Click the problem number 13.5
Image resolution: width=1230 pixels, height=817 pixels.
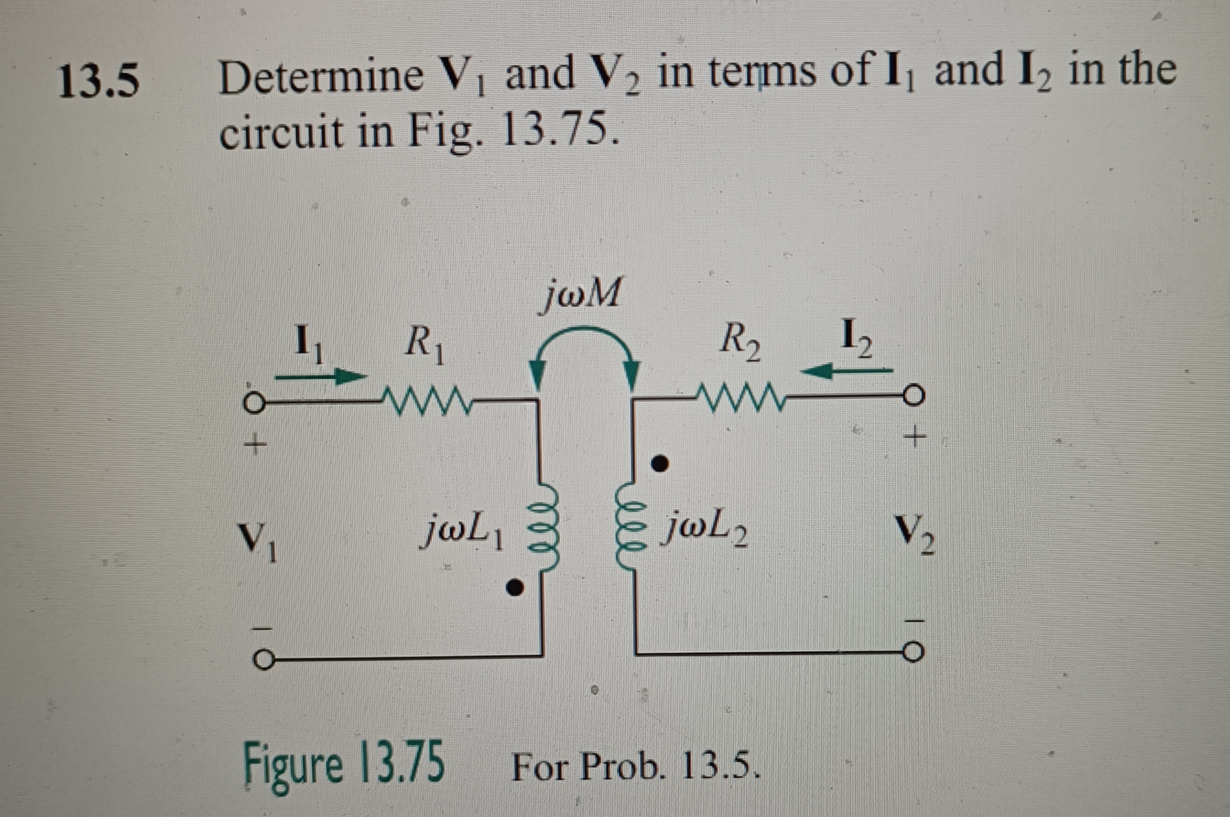click(99, 82)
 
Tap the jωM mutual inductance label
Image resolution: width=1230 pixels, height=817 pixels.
click(582, 294)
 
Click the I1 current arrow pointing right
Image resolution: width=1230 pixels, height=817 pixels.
click(321, 377)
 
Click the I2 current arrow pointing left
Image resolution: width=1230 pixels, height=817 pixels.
click(846, 371)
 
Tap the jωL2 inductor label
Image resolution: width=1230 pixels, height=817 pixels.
click(707, 529)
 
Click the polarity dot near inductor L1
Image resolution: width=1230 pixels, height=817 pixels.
click(515, 588)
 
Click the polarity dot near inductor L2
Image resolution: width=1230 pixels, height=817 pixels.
click(660, 464)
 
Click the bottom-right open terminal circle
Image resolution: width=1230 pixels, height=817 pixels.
click(913, 653)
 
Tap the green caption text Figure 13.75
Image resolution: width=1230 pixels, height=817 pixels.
click(344, 764)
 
